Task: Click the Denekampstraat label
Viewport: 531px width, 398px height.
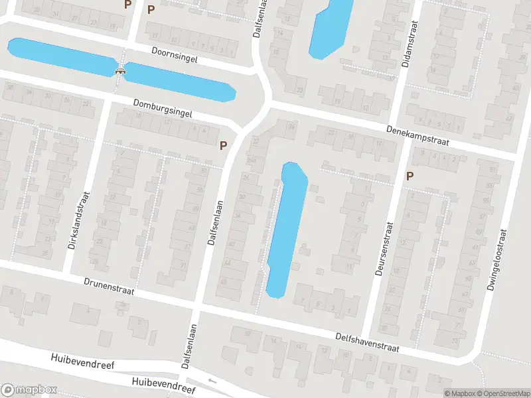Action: [419, 136]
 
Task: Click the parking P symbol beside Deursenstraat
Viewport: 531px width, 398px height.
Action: [410, 176]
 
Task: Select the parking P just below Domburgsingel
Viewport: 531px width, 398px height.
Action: [223, 145]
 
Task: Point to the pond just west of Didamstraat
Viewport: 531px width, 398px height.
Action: [330, 27]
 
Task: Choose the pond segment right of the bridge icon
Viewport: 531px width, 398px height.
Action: [179, 82]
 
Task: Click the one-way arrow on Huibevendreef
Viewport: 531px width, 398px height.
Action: [212, 381]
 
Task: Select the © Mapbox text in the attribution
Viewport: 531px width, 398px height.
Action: [460, 393]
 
